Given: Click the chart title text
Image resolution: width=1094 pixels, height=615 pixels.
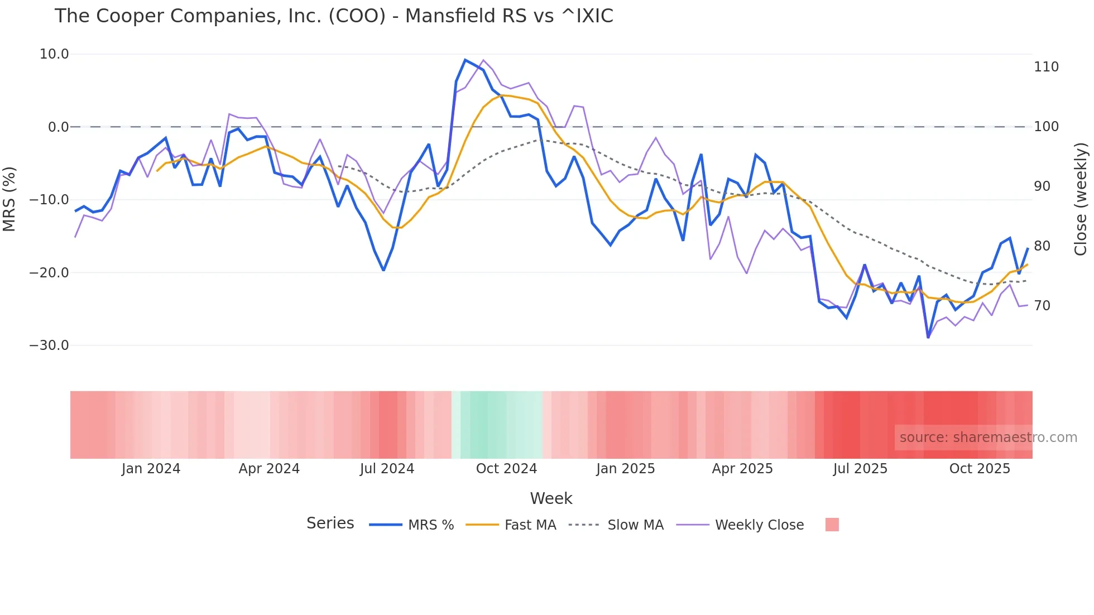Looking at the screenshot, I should pos(334,16).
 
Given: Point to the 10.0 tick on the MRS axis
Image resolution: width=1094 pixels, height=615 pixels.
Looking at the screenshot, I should pos(54,54).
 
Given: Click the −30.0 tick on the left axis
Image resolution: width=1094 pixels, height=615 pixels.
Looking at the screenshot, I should pos(49,345).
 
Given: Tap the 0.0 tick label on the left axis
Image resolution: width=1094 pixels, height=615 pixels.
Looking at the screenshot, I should pos(58,127).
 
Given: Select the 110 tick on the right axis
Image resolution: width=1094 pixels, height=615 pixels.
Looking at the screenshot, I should pos(1046,67).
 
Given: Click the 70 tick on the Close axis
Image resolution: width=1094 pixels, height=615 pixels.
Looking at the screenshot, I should pos(1042,306).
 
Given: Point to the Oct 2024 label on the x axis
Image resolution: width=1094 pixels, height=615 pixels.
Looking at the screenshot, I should pos(506,469).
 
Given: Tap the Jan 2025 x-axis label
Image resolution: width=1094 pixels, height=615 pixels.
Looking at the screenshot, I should pos(625,469).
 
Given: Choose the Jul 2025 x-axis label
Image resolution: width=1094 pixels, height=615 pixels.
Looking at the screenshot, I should pos(860,469).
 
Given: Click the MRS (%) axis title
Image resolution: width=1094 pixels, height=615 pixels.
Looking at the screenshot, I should pos(9,199).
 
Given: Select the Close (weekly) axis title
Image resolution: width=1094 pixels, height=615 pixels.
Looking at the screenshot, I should pos(1081,199).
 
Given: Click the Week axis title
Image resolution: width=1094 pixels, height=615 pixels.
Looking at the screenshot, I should pos(551,498).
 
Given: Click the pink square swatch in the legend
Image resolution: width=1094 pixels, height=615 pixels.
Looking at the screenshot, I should pos(832,525).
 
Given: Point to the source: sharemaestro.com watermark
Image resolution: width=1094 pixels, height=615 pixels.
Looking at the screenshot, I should pos(988,438).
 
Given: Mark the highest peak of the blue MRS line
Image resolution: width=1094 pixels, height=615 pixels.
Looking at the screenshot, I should pos(465,60).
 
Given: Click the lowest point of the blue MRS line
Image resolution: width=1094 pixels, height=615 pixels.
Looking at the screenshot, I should pos(928,338).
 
